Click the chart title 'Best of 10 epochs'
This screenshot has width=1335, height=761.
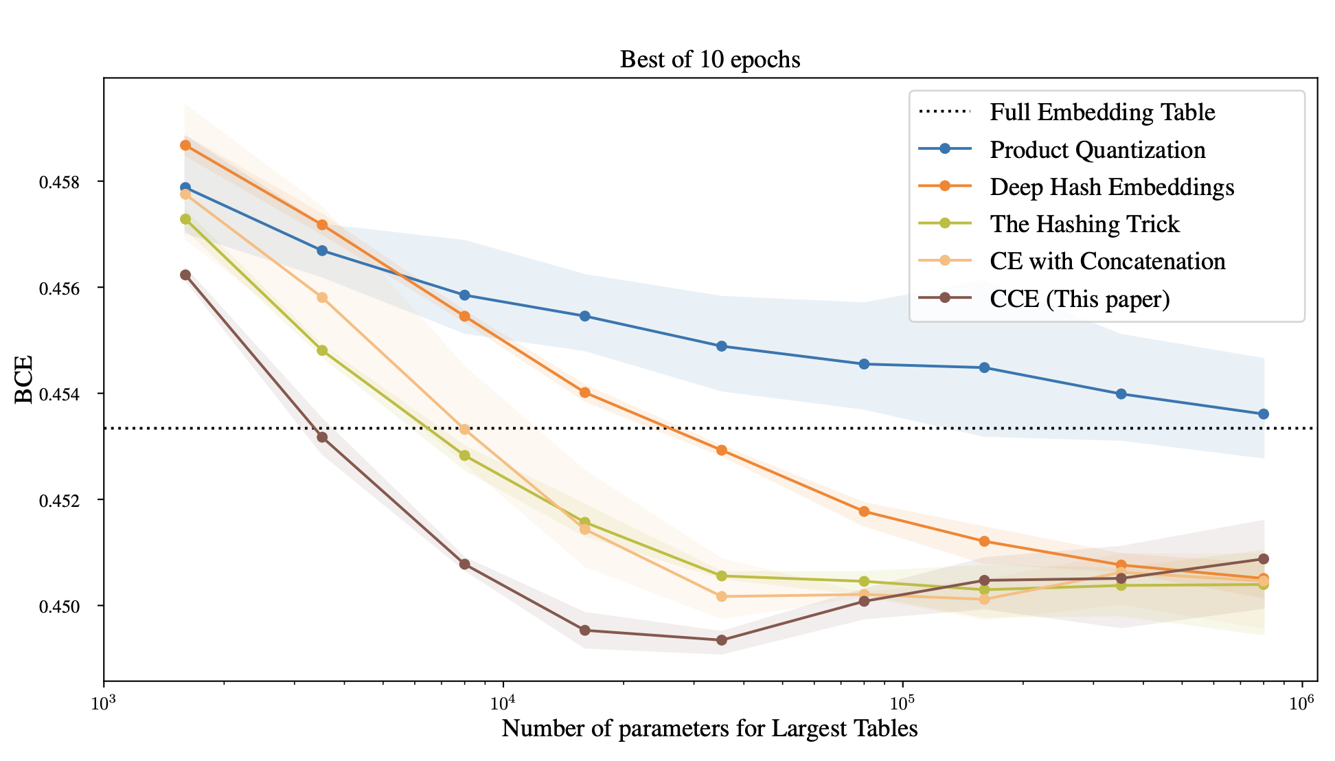click(x=710, y=60)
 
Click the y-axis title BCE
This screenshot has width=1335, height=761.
click(x=24, y=379)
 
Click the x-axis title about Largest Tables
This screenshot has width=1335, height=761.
click(x=709, y=728)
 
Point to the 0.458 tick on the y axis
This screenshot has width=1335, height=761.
click(x=59, y=182)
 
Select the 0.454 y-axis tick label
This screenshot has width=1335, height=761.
click(x=59, y=394)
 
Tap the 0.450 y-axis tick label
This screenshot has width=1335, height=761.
click(x=59, y=606)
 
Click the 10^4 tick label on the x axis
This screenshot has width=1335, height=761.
click(x=503, y=702)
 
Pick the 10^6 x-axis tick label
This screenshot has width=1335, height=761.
click(x=1301, y=702)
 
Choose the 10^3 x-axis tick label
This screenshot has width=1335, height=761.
click(x=104, y=702)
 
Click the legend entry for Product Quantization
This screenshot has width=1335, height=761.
click(x=1097, y=150)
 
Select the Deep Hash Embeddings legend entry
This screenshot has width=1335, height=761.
click(x=1111, y=187)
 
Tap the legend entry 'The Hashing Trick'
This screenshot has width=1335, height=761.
click(x=1084, y=224)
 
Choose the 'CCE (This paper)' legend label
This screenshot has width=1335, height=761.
click(x=1080, y=299)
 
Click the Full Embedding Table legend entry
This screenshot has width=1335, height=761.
click(x=1102, y=112)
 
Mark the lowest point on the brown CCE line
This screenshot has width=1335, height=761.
click(x=722, y=640)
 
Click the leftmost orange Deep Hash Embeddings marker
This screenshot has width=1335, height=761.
click(x=185, y=145)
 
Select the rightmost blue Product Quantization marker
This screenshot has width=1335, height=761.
click(x=1263, y=414)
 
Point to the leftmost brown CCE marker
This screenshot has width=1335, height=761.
click(x=185, y=275)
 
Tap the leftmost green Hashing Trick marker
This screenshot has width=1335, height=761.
click(x=185, y=219)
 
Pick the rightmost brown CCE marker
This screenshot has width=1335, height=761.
click(x=1263, y=559)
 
